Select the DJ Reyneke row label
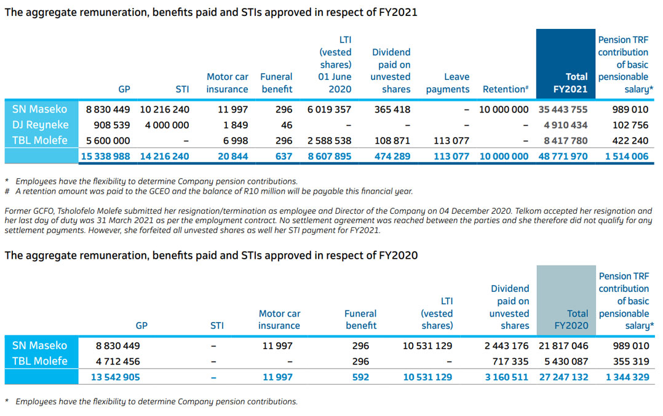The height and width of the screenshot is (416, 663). [39, 125]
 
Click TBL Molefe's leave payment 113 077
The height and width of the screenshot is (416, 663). [451, 141]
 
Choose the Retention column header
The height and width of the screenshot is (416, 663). [506, 89]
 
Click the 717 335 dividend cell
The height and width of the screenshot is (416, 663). [510, 361]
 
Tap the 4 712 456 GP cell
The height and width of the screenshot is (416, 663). [117, 361]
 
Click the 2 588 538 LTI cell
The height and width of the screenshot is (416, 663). [329, 141]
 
